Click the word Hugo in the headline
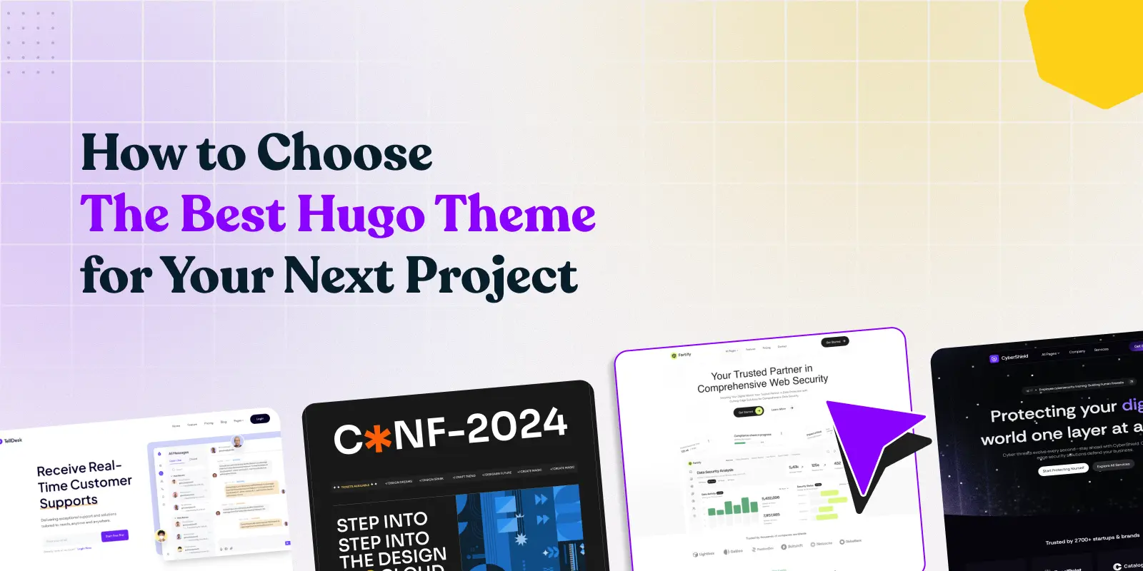[360, 215]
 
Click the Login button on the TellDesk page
[260, 419]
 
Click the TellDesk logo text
[12, 441]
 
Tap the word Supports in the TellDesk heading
[69, 502]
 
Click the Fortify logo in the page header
[681, 355]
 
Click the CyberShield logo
[1009, 358]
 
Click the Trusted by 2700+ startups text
[1092, 539]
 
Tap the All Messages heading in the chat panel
[178, 453]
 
